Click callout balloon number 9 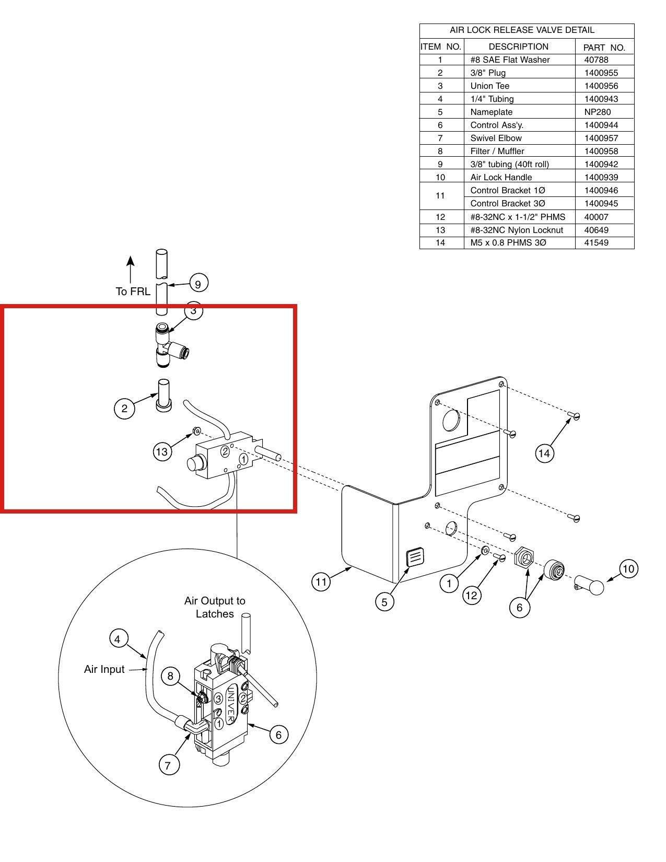coord(198,284)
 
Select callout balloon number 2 coord(124,409)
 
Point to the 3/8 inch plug coord(164,395)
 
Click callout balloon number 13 coord(162,452)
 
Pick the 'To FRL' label coord(133,292)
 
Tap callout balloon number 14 coord(544,453)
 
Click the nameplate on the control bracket coord(415,557)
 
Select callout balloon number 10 coord(628,569)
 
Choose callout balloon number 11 coord(321,582)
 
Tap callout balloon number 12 coord(472,596)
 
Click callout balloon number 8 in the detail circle coord(171,676)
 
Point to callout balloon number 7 coord(169,765)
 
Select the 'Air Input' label coord(104,669)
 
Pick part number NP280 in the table coord(598,112)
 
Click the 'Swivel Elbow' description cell coord(496,138)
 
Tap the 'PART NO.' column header coord(604,48)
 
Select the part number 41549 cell coord(596,242)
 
